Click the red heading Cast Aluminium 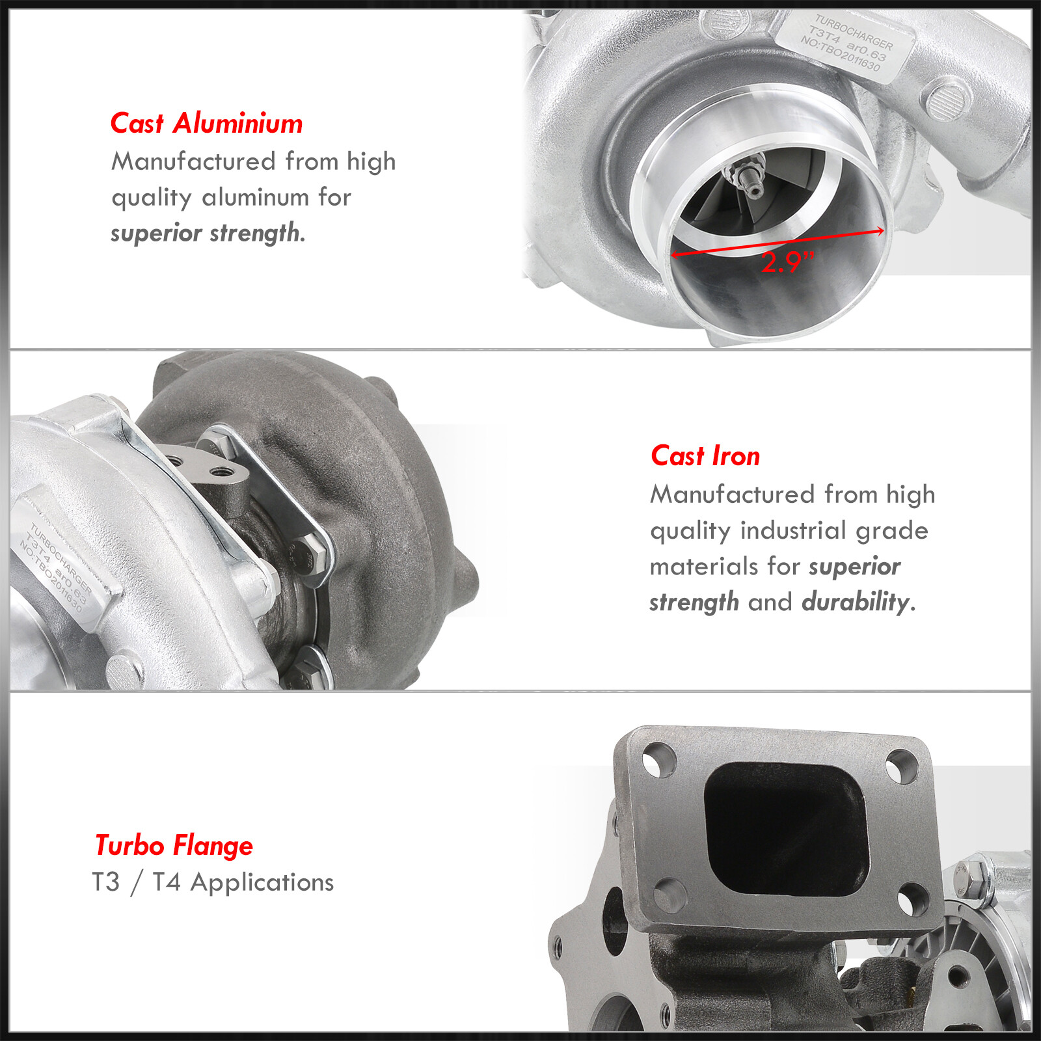coord(206,123)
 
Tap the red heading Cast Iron coord(705,456)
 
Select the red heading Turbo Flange coord(174,846)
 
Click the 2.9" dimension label coord(787,262)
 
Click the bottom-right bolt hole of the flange coord(909,901)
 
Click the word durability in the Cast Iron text coord(855,602)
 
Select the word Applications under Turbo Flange coord(262,883)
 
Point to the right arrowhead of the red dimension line coord(880,231)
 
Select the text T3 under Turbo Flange coord(106,882)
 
